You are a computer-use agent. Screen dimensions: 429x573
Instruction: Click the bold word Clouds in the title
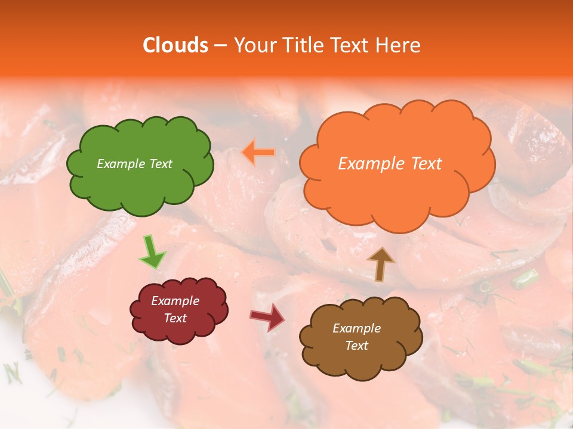click(x=175, y=45)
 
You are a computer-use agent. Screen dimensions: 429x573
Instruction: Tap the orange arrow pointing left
click(x=258, y=153)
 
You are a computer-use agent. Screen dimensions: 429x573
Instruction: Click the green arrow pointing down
click(x=152, y=253)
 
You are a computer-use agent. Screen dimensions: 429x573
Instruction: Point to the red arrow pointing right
click(x=267, y=317)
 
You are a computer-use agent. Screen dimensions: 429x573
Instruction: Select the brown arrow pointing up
click(x=381, y=263)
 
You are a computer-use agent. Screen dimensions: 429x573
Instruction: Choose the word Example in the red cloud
click(x=175, y=301)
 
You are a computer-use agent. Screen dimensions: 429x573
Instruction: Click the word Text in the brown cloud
click(x=356, y=346)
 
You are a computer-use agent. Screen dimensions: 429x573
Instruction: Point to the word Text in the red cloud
click(x=175, y=318)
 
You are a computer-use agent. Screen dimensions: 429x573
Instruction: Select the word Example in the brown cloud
click(x=356, y=328)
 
